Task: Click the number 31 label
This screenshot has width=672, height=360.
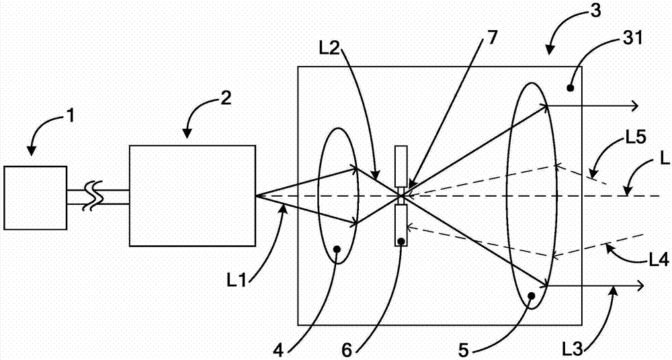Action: tap(632, 40)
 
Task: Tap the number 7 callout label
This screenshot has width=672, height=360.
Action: tap(493, 38)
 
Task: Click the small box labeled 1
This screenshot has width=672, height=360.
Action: tap(35, 198)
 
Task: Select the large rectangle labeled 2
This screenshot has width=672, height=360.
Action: tap(192, 196)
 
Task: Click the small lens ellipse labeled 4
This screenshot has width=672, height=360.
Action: tap(318, 196)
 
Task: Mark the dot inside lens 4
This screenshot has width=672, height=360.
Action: tap(337, 249)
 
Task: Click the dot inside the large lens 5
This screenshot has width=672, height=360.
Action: tap(531, 296)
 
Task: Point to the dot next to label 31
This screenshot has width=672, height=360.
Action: tap(570, 88)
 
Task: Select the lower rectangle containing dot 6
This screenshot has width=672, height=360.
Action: tap(401, 226)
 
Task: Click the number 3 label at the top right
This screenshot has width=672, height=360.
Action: tap(595, 11)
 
